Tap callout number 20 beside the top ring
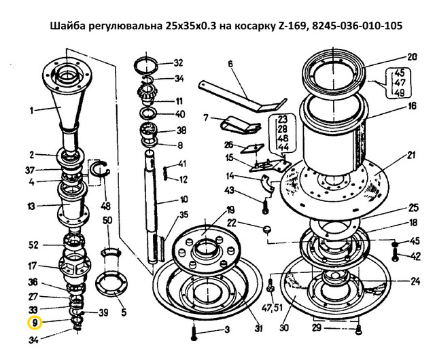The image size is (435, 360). tap(412, 56)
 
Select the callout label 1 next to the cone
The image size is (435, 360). tap(30, 109)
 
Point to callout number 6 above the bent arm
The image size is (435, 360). tap(230, 65)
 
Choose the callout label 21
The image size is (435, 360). tap(411, 156)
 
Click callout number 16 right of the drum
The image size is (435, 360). tap(412, 107)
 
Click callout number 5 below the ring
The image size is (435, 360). tap(123, 313)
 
